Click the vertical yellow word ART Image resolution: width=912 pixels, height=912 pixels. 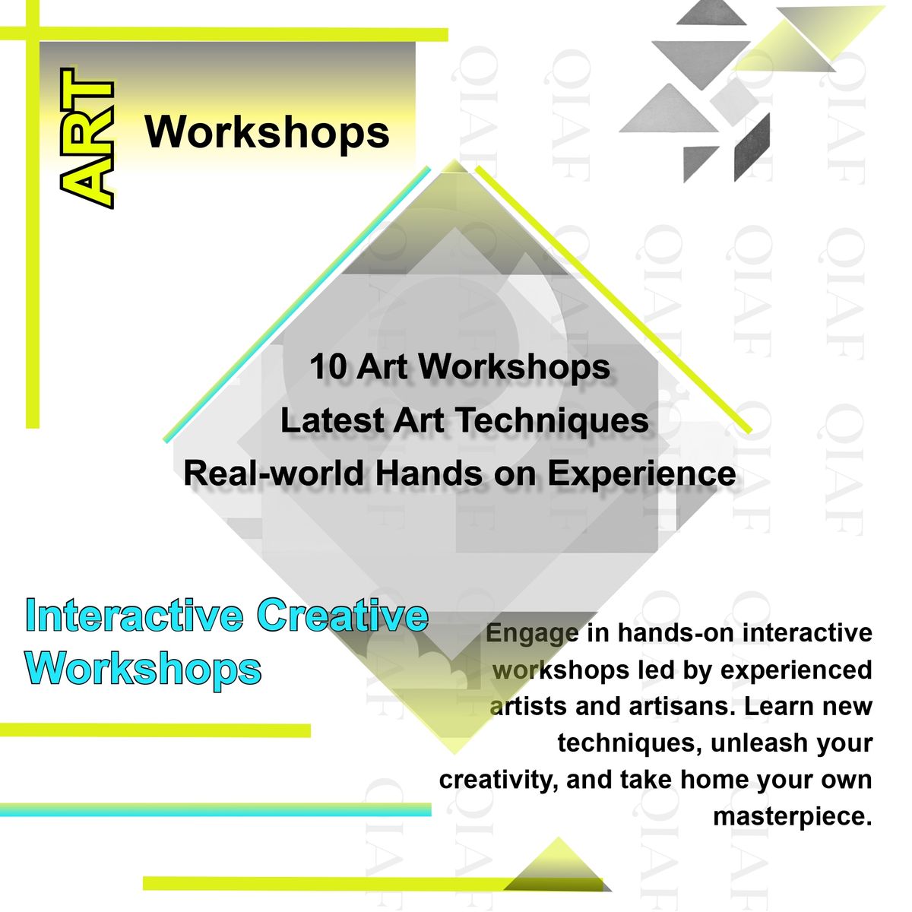pyautogui.click(x=87, y=138)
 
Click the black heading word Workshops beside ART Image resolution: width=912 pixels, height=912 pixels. pyautogui.click(x=267, y=132)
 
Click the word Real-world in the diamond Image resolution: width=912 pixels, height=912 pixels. pyautogui.click(x=273, y=473)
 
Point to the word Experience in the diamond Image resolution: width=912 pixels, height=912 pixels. pyautogui.click(x=641, y=474)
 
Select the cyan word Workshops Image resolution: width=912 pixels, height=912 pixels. pyautogui.click(x=144, y=668)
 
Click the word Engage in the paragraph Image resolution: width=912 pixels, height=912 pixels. pyautogui.click(x=532, y=634)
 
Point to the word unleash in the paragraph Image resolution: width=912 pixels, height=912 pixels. pyautogui.click(x=751, y=743)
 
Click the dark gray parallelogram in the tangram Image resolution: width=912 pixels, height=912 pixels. pyautogui.click(x=752, y=147)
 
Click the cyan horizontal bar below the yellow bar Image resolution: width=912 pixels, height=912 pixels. pyautogui.click(x=215, y=809)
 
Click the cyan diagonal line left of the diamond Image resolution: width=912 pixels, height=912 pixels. pyautogui.click(x=296, y=304)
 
